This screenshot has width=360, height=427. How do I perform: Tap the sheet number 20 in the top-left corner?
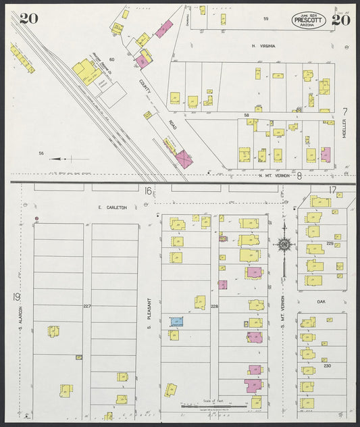[x=28, y=18]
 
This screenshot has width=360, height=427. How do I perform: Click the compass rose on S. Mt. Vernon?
[x=284, y=244]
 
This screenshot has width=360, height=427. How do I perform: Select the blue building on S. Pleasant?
[x=177, y=322]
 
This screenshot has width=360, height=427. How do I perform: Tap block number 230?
[x=328, y=366]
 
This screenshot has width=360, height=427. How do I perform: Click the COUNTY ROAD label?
[x=147, y=95]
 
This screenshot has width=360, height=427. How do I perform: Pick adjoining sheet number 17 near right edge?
[x=331, y=190]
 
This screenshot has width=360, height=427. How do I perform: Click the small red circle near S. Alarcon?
[x=36, y=219]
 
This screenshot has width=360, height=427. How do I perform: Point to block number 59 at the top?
[x=266, y=18]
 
